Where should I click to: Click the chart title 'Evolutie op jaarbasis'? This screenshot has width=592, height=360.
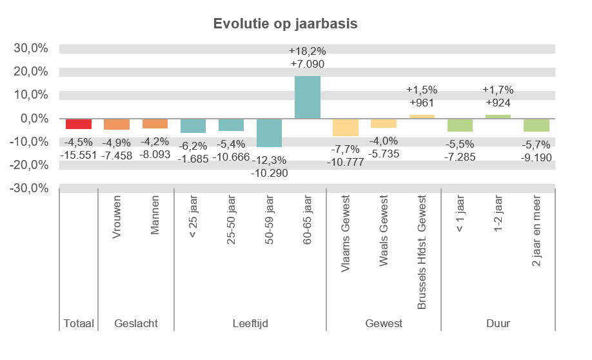click(x=285, y=24)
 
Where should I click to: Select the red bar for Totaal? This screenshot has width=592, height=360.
click(x=79, y=124)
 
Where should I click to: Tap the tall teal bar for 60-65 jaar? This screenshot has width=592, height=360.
click(x=308, y=97)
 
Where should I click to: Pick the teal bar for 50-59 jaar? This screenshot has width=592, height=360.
click(x=270, y=133)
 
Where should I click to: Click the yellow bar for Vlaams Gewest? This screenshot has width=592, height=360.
click(x=346, y=127)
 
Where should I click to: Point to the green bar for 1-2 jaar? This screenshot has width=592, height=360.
click(x=498, y=117)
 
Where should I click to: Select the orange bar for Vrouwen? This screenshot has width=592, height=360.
click(x=117, y=124)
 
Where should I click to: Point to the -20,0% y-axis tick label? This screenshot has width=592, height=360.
click(x=29, y=165)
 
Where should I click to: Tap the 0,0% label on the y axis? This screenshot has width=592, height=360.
click(x=34, y=118)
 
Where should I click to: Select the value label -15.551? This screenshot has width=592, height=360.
click(x=79, y=155)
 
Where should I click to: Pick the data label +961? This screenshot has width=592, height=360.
click(x=422, y=103)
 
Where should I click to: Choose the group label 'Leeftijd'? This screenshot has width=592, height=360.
click(x=250, y=323)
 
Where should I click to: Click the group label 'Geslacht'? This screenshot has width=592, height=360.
click(x=135, y=323)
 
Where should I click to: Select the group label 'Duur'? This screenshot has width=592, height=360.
click(x=498, y=323)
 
